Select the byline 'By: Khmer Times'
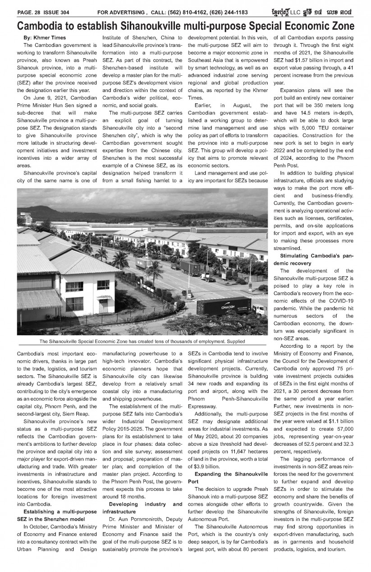tap(44, 37)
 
